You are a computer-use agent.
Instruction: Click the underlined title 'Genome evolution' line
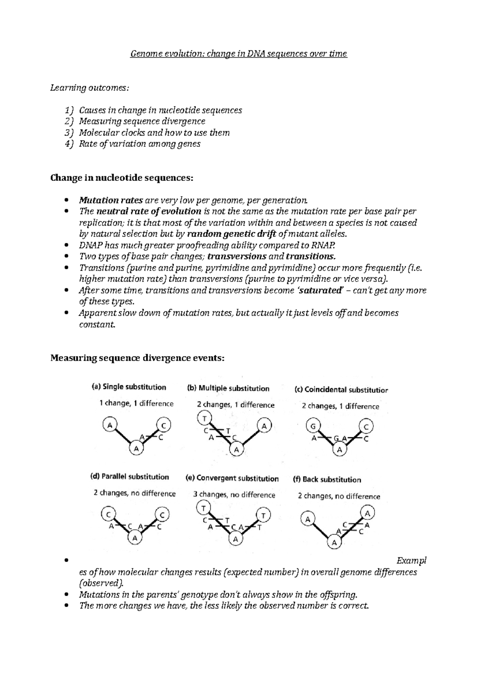pyautogui.click(x=238, y=54)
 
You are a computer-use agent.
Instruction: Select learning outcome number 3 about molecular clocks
pyautogui.click(x=154, y=133)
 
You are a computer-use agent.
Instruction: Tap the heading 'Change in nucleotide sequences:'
pyautogui.click(x=122, y=178)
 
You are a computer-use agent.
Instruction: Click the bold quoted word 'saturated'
pyautogui.click(x=320, y=291)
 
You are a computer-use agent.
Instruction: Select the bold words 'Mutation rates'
pyautogui.click(x=111, y=200)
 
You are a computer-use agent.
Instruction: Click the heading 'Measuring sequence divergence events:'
pyautogui.click(x=138, y=358)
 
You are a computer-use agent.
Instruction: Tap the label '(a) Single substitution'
pyautogui.click(x=129, y=387)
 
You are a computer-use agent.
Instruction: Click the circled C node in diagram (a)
pyautogui.click(x=163, y=425)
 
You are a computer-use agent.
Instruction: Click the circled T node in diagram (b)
pyautogui.click(x=204, y=419)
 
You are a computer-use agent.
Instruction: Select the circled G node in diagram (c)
pyautogui.click(x=313, y=427)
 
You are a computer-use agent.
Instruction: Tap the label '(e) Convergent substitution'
pyautogui.click(x=232, y=478)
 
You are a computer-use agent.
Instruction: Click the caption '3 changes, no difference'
pyautogui.click(x=234, y=495)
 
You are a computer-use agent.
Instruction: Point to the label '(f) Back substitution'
pyautogui.click(x=327, y=480)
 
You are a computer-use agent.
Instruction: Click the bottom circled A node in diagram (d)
pyautogui.click(x=135, y=538)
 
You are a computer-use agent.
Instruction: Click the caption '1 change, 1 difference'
pyautogui.click(x=136, y=403)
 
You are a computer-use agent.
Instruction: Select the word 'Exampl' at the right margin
pyautogui.click(x=411, y=561)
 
